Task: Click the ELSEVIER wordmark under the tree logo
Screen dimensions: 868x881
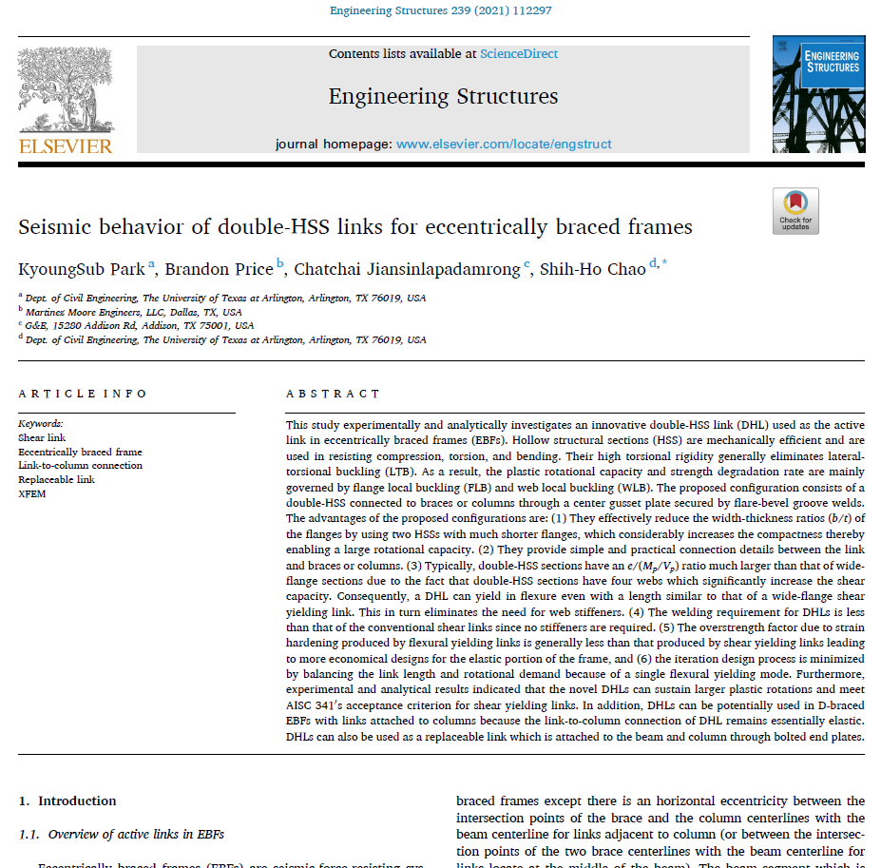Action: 66,145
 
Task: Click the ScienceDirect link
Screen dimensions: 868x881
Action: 518,54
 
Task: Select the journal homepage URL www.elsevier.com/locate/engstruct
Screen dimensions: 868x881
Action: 504,145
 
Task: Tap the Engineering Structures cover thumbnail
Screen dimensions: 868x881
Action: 818,95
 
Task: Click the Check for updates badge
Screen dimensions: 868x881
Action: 795,211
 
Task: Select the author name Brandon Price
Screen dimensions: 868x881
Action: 220,269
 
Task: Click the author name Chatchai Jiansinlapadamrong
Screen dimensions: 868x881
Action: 408,269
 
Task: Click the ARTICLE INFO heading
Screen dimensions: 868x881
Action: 83,394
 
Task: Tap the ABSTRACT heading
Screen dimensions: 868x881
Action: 333,394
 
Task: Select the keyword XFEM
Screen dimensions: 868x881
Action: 31,494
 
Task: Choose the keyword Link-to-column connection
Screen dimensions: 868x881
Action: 80,466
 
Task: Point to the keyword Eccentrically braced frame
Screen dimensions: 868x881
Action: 80,452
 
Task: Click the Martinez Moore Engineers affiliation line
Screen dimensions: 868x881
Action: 133,311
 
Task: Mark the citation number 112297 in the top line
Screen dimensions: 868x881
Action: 531,10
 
